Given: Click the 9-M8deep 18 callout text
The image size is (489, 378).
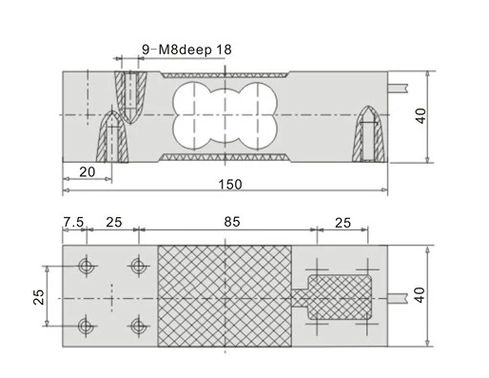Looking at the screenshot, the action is pos(186,50).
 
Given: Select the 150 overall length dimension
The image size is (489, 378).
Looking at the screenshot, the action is pos(230,185).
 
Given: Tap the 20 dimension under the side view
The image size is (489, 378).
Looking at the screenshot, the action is pos(88,172).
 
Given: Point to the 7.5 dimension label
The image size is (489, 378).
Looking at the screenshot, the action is pos(73,222).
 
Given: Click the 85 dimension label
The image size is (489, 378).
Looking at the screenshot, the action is pos(232,222).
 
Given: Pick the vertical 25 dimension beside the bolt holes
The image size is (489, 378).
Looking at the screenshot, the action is pos(39,297).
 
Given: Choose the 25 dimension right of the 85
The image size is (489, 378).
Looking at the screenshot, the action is pos(342,223).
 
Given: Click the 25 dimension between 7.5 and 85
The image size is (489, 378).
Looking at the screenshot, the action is pos(114,222).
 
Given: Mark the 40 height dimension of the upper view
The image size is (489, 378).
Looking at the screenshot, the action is pos(421,116).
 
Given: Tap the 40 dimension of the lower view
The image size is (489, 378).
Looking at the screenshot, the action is pos(420,295).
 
